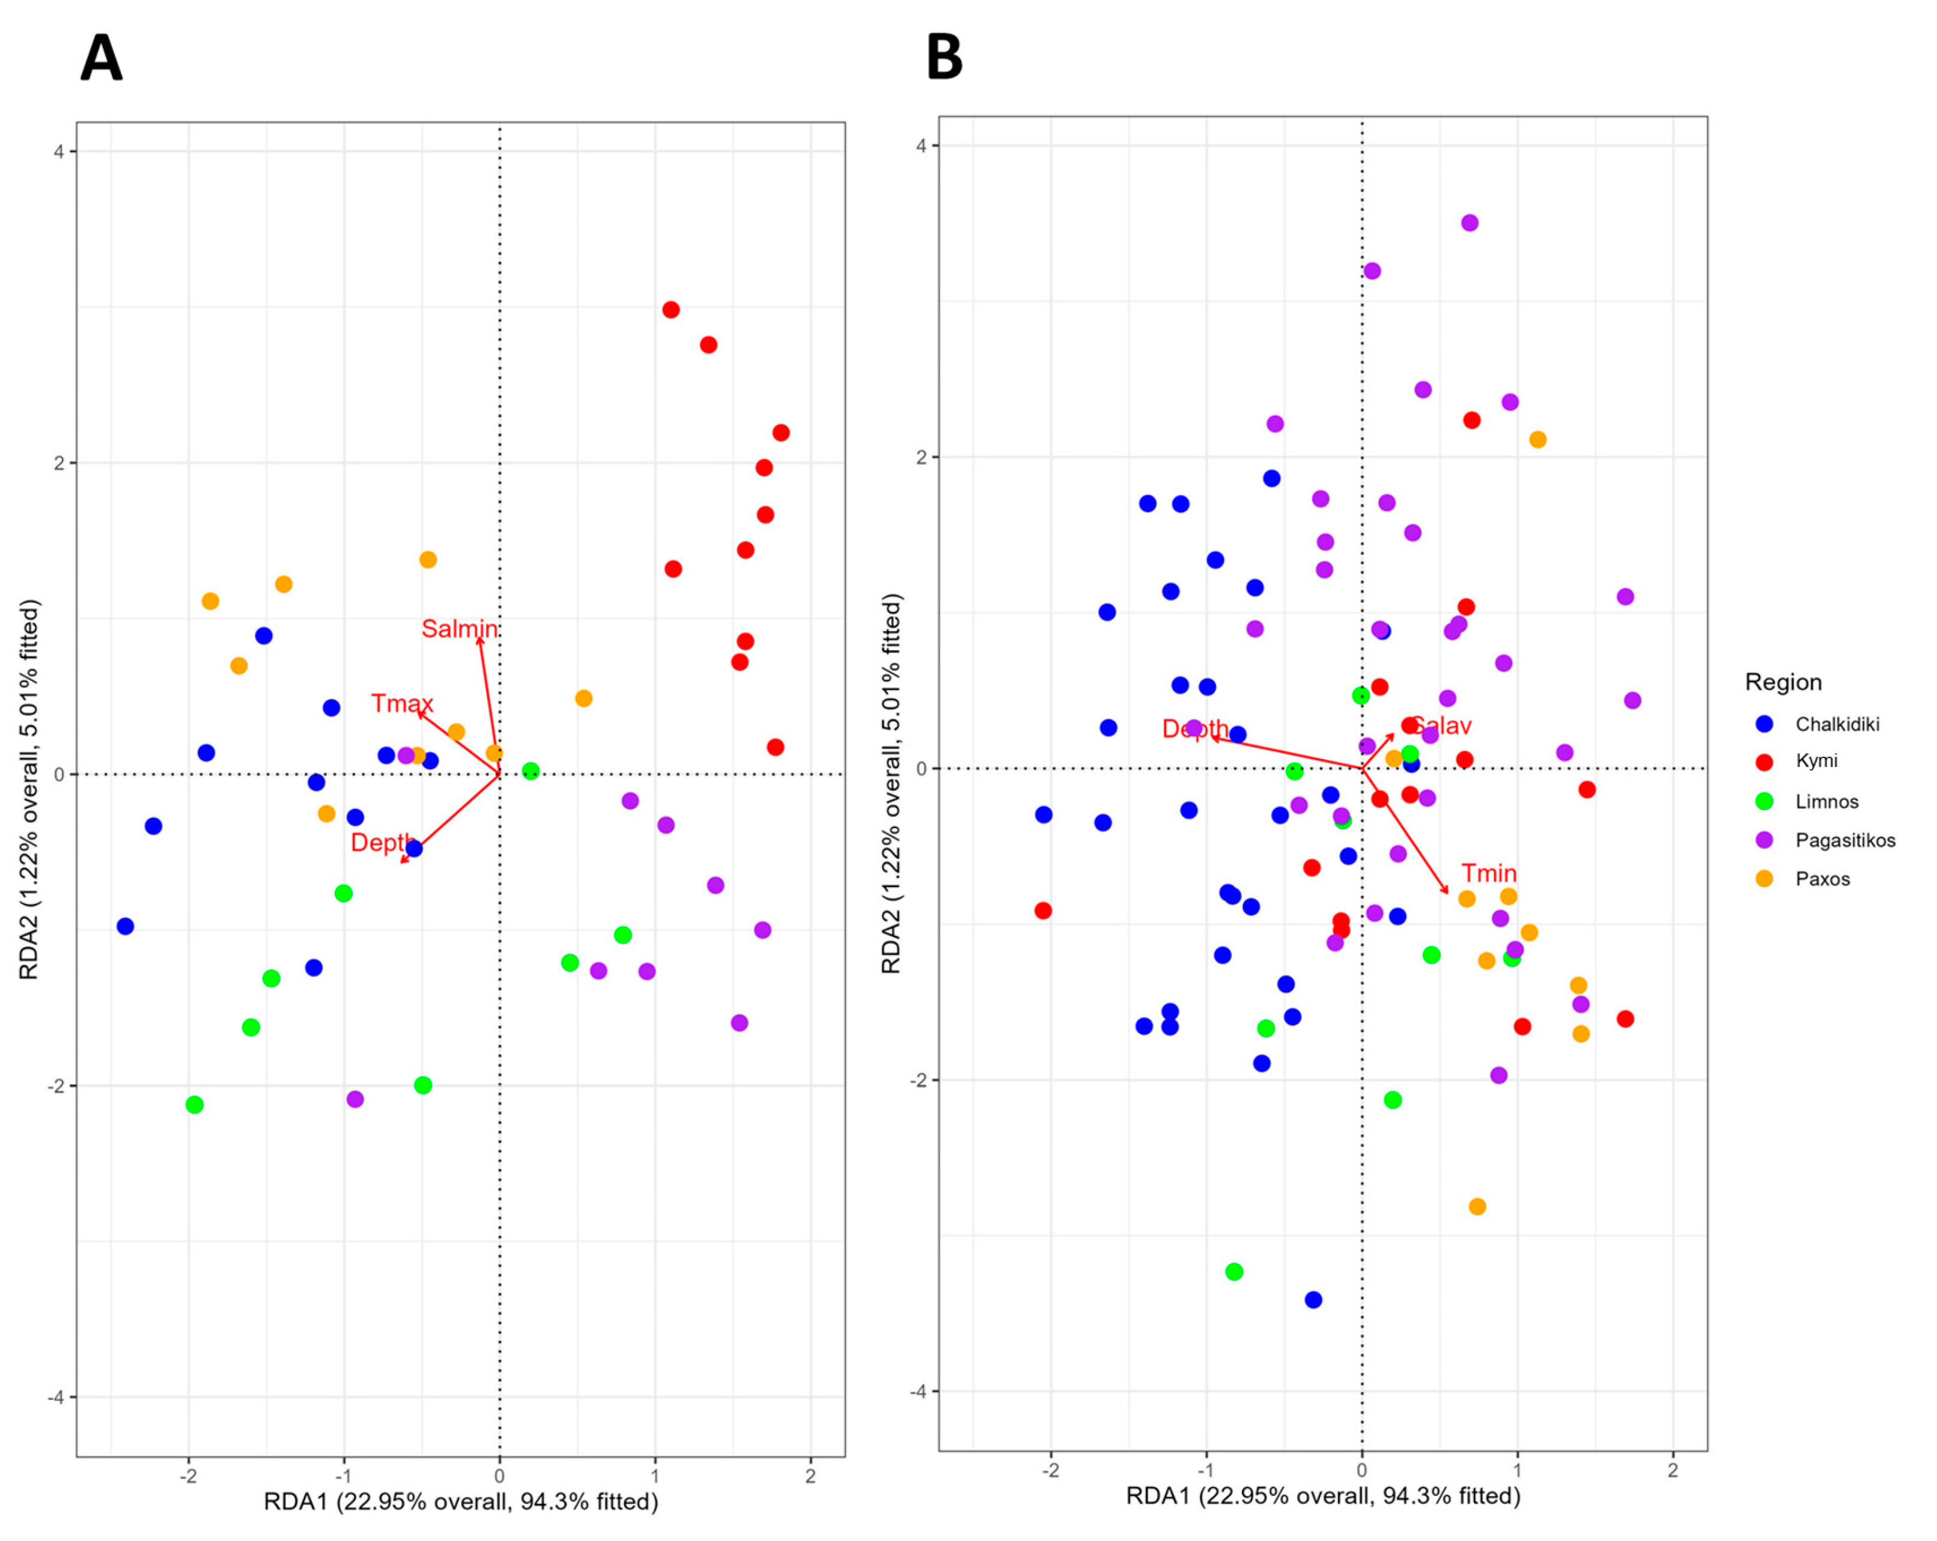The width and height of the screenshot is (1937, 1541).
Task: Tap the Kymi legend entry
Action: pyautogui.click(x=1815, y=761)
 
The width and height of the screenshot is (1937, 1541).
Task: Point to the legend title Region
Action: pyautogui.click(x=1783, y=682)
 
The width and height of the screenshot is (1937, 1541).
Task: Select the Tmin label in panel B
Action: pyautogui.click(x=1489, y=873)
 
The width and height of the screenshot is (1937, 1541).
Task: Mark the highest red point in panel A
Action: pyautogui.click(x=670, y=310)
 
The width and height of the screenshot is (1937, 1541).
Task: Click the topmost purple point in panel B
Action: pyautogui.click(x=1469, y=223)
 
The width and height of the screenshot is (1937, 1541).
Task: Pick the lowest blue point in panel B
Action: pyautogui.click(x=1313, y=1299)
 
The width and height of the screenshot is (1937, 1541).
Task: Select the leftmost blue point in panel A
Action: pyautogui.click(x=125, y=926)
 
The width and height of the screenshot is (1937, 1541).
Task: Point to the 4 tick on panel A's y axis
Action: pyautogui.click(x=59, y=151)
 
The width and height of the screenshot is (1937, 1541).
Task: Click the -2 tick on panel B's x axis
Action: pyautogui.click(x=1050, y=1471)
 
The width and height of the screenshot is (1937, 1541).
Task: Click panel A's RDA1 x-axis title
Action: pyautogui.click(x=460, y=1501)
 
